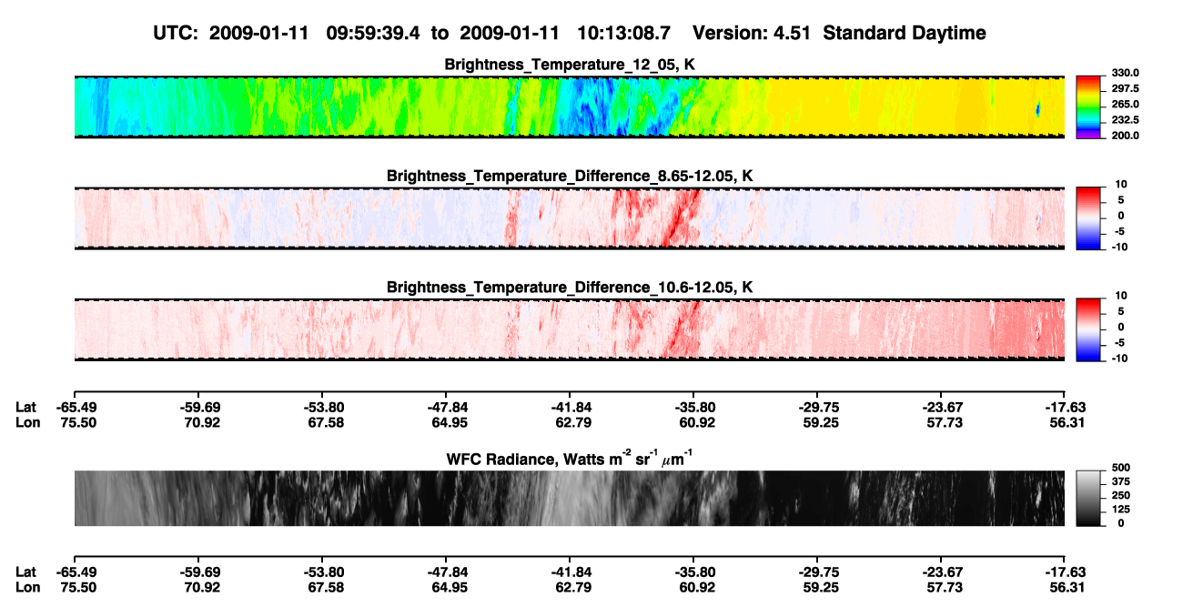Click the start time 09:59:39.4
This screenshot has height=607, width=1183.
[x=373, y=34]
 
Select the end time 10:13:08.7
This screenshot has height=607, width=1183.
[x=623, y=34]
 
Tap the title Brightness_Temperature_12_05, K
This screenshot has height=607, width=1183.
[x=570, y=65]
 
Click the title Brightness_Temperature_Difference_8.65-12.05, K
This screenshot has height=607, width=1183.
[x=570, y=176]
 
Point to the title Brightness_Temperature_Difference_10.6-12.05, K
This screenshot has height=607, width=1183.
[x=570, y=288]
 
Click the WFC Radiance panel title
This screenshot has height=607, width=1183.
[x=570, y=459]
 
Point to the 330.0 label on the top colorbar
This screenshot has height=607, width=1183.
[x=1125, y=73]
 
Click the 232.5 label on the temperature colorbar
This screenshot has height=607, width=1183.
[x=1125, y=120]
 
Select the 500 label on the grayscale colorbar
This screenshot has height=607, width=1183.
[x=1121, y=468]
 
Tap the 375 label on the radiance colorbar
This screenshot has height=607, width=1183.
[x=1121, y=481]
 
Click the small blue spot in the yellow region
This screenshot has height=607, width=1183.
[x=1037, y=109]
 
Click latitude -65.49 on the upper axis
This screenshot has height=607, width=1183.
[x=76, y=408]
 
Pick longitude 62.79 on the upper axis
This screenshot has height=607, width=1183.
[x=573, y=422]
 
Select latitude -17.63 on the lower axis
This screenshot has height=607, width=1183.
[x=1066, y=572]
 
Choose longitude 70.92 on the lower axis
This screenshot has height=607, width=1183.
[x=202, y=588]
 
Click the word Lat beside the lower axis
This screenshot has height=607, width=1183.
[x=25, y=572]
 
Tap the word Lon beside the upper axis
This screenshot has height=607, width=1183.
[x=27, y=422]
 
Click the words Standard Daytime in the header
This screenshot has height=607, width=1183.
[x=905, y=34]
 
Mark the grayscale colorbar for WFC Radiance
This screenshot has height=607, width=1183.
[x=1088, y=498]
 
